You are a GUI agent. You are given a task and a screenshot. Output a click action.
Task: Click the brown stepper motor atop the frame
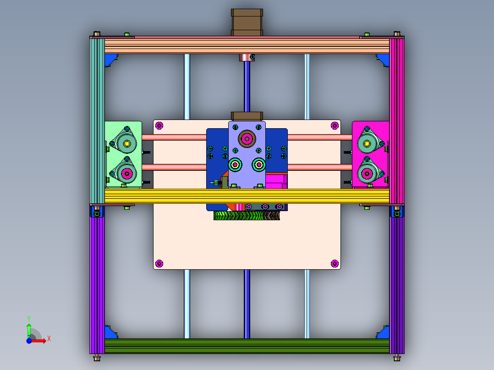[247, 22]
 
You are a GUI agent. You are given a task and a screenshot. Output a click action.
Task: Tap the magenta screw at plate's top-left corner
[159, 125]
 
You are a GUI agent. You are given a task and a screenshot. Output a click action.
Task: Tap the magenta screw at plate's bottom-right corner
[335, 263]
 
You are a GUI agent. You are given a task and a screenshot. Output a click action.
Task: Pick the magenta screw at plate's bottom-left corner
[159, 263]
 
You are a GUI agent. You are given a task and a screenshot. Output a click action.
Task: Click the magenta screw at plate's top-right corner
[335, 125]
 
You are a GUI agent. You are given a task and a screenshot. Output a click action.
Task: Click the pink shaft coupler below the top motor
[247, 57]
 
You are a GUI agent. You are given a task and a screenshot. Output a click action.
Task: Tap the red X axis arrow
[41, 340]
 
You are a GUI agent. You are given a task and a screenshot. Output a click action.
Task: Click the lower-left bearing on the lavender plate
[236, 164]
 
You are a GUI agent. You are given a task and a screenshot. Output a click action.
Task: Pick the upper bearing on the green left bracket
[126, 144]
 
